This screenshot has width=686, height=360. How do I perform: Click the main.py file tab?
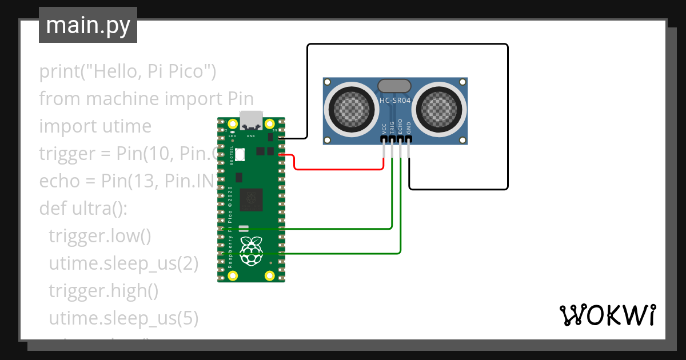pyautogui.click(x=87, y=25)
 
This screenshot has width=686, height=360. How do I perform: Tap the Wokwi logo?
pyautogui.click(x=607, y=315)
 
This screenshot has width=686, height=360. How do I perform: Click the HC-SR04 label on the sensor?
pyautogui.click(x=395, y=101)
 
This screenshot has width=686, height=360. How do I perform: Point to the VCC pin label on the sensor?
pyautogui.click(x=384, y=130)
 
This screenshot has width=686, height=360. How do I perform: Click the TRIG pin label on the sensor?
pyautogui.click(x=392, y=128)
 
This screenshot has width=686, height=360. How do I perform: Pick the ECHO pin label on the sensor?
pyautogui.click(x=400, y=127)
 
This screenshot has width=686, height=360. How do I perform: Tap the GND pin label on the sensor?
pyautogui.click(x=409, y=129)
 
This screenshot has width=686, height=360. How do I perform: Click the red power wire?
pyautogui.click(x=337, y=169)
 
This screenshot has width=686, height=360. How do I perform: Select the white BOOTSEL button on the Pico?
pyautogui.click(x=240, y=154)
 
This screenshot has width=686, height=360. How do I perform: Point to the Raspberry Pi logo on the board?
pyautogui.click(x=251, y=252)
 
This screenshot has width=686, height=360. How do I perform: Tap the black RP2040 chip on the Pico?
pyautogui.click(x=252, y=199)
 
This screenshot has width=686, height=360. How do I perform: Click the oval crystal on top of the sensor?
pyautogui.click(x=394, y=86)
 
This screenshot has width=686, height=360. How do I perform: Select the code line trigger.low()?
pyautogui.click(x=99, y=237)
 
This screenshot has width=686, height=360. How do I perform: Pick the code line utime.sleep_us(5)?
pyautogui.click(x=123, y=318)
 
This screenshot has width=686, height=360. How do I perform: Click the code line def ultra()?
pyautogui.click(x=83, y=209)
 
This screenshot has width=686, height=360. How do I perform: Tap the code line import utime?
pyautogui.click(x=95, y=126)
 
